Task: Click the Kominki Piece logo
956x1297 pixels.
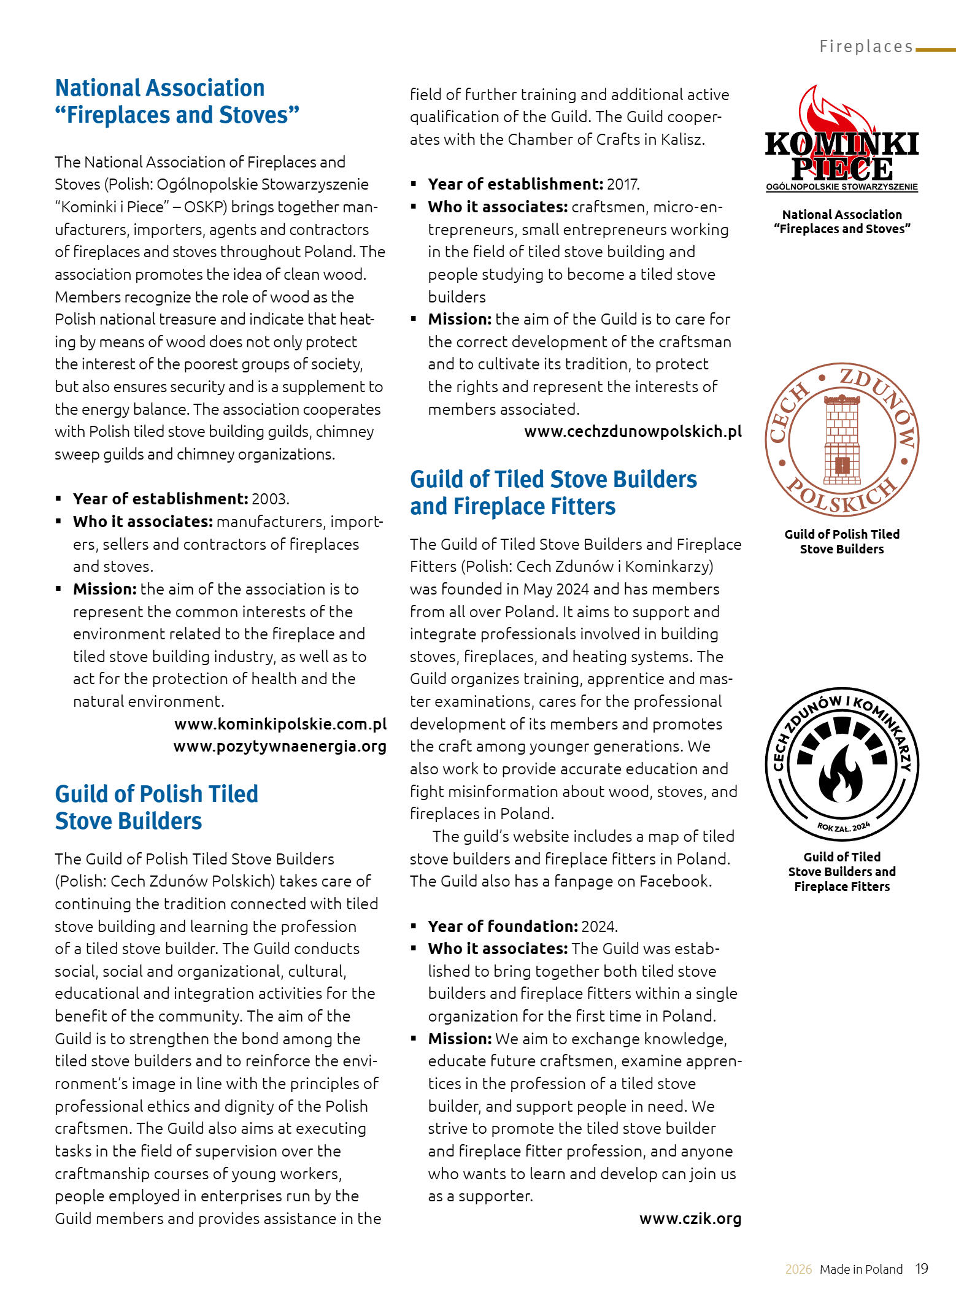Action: click(842, 141)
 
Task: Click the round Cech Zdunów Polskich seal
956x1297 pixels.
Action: click(842, 439)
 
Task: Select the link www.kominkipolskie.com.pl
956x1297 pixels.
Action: click(280, 724)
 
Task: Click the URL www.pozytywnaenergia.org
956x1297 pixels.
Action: click(280, 747)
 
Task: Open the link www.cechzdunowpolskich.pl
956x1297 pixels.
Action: click(633, 431)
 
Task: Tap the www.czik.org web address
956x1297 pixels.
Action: click(690, 1218)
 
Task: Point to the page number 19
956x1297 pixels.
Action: click(922, 1269)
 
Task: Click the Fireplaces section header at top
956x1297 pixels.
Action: click(866, 47)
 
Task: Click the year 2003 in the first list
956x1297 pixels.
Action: click(269, 499)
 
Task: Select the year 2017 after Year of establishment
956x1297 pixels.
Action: click(623, 184)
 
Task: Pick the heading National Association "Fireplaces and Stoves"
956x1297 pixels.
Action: click(177, 101)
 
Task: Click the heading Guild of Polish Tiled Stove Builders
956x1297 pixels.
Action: click(156, 807)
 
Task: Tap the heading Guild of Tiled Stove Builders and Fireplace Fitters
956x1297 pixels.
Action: click(553, 493)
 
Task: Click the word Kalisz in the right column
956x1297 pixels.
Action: click(681, 139)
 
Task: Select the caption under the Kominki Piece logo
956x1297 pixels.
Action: click(842, 221)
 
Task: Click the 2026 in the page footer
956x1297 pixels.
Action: click(798, 1269)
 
